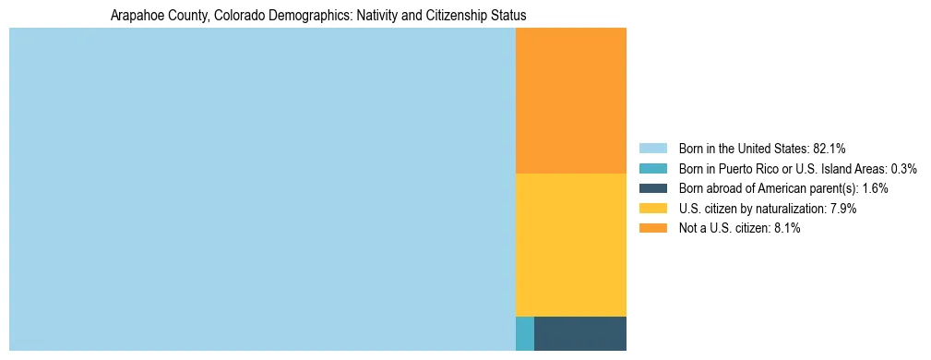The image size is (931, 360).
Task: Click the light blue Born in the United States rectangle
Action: click(262, 189)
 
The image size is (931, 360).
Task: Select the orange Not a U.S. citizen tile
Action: click(570, 101)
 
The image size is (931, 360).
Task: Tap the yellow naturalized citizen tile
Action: click(570, 245)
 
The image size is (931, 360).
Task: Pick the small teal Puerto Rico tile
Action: click(524, 333)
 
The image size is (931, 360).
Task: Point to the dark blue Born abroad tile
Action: click(579, 333)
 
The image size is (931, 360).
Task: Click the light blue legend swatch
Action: click(652, 148)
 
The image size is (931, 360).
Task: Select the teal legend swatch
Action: click(652, 168)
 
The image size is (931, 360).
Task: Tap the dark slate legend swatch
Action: click(652, 188)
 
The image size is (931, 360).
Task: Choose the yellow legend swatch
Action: click(652, 209)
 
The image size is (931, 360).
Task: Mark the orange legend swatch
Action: click(652, 229)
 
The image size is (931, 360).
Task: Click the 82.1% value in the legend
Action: click(830, 148)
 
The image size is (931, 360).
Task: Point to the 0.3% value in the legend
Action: click(903, 168)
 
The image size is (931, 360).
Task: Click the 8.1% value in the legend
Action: click(785, 229)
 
